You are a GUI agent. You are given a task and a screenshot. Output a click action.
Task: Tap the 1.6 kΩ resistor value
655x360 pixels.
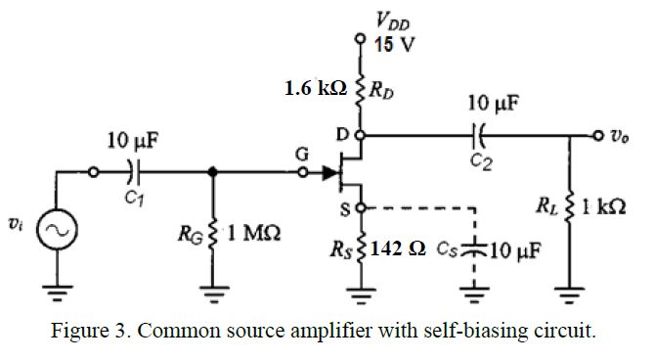pyautogui.click(x=315, y=88)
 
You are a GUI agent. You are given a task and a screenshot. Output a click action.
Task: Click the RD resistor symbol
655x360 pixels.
pyautogui.click(x=361, y=89)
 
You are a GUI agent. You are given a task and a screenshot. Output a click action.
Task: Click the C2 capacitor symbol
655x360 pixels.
pyautogui.click(x=478, y=134)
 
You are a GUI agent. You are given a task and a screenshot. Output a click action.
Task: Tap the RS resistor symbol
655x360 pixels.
pyautogui.click(x=362, y=248)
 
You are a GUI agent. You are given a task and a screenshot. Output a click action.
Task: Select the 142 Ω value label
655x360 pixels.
pyautogui.click(x=399, y=249)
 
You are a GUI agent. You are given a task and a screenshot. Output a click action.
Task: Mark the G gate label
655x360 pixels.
pyautogui.click(x=302, y=154)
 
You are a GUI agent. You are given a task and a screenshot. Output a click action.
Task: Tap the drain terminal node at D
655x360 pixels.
pyautogui.click(x=361, y=134)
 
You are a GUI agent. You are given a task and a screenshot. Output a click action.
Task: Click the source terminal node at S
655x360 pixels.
pyautogui.click(x=361, y=207)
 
